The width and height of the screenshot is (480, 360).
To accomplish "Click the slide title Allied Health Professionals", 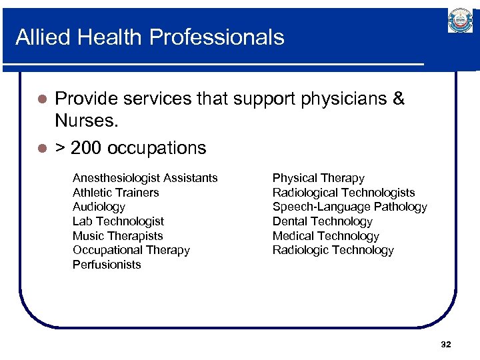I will tap(149, 37).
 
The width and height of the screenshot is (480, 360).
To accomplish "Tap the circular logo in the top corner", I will tap(460, 21).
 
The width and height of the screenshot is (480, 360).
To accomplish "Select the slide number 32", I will tap(446, 344).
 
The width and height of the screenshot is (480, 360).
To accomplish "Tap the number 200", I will tap(85, 147).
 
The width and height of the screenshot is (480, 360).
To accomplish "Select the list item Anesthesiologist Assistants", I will tap(145, 178).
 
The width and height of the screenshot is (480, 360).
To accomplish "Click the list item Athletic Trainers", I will tap(115, 193).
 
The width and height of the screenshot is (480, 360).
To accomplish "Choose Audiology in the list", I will tap(99, 207).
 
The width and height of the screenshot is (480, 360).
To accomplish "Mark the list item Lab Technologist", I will tap(118, 221).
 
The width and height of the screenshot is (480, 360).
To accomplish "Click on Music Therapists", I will tap(117, 236).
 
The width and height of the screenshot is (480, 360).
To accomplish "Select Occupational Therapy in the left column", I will tap(131, 250).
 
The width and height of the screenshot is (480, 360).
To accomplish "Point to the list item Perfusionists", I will tap(107, 265).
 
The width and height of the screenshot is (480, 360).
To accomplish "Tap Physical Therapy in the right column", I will tap(318, 178).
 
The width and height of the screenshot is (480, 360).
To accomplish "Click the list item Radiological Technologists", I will tap(343, 193).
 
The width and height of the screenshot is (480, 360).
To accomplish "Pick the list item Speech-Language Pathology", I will tap(349, 207).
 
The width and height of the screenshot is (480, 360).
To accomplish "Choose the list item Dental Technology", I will tap(322, 221).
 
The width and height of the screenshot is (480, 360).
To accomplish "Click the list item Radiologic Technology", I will tap(333, 250).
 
